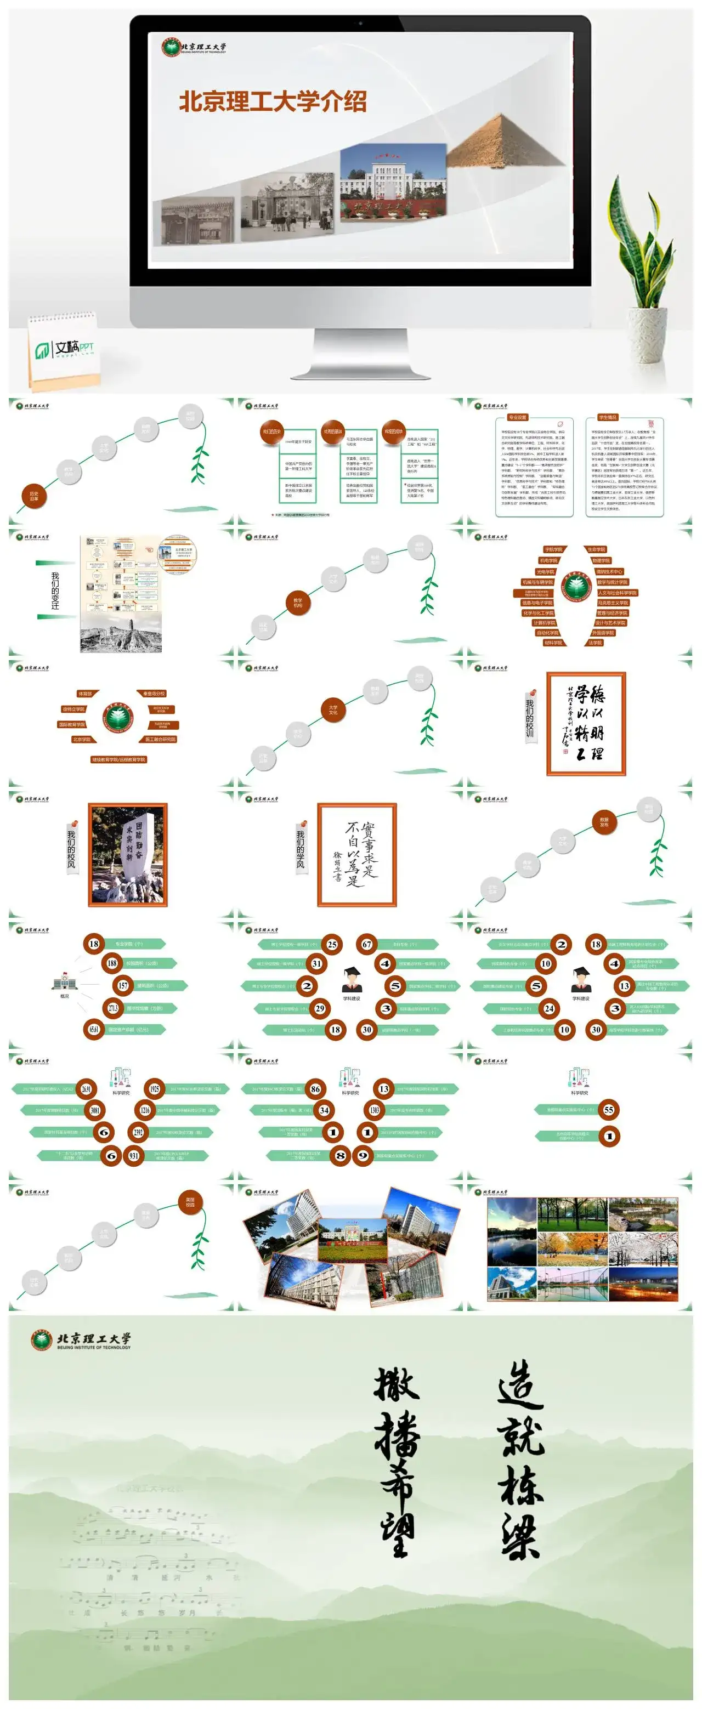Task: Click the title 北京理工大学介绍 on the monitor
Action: [273, 101]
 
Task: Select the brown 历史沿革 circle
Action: [34, 495]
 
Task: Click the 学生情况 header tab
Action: [607, 417]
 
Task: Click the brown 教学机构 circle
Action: [298, 603]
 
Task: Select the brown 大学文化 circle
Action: [333, 709]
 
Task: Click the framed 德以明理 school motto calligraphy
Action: [586, 724]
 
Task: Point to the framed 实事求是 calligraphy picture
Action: [357, 854]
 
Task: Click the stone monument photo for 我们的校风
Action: [127, 854]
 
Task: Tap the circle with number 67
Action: [367, 944]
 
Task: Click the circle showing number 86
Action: [315, 1089]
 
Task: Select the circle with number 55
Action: [608, 1110]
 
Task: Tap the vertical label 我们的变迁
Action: [55, 591]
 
